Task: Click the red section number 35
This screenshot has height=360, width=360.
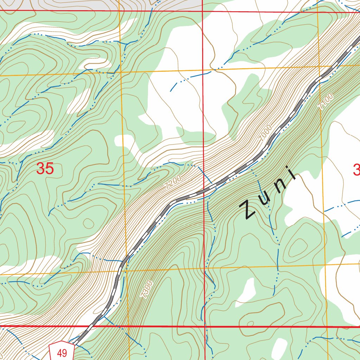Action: coord(45,169)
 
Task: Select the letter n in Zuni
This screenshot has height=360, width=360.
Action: coord(279,186)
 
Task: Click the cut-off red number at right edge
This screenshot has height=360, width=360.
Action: coord(356,171)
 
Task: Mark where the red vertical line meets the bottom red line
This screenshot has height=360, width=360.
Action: coord(205,327)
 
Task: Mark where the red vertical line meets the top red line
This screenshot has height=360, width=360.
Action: coord(202,11)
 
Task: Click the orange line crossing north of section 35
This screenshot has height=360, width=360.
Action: coord(120,72)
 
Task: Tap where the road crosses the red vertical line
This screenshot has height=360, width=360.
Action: coord(204,192)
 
